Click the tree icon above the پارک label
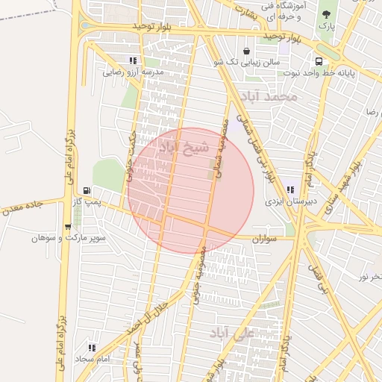tap(325, 14)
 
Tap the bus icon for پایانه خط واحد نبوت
tap(319, 62)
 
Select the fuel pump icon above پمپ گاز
tap(89, 191)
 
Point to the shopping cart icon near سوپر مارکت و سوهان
tap(69, 227)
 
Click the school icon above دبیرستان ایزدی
tap(290, 190)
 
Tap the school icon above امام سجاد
tap(93, 348)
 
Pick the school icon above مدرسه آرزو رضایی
tap(133, 61)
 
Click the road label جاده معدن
tap(25, 206)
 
